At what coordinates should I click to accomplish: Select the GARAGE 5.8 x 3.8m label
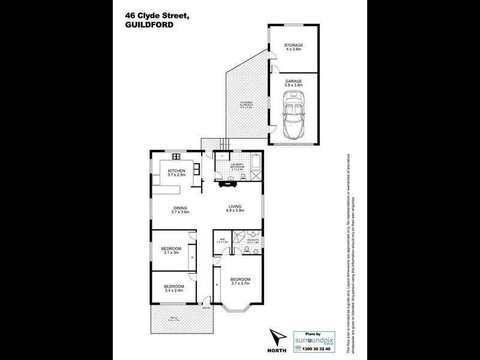click(293, 83)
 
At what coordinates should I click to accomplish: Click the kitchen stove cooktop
click(177, 157)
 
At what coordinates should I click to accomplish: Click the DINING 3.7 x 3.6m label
click(180, 210)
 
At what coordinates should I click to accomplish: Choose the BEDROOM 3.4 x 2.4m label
click(174, 288)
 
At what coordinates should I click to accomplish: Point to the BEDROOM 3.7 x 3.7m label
click(239, 281)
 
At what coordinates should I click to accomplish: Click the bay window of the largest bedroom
click(239, 309)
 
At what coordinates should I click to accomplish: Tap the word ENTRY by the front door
click(207, 308)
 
